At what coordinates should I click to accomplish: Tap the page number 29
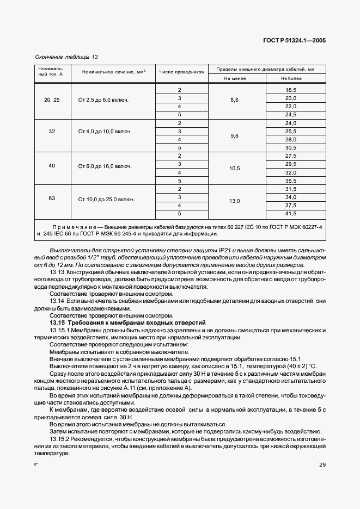pyautogui.click(x=322, y=464)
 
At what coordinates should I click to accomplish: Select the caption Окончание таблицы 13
pyautogui.click(x=66, y=57)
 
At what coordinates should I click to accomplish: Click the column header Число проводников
pyautogui.click(x=181, y=72)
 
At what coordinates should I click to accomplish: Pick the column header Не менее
pyautogui.click(x=235, y=79)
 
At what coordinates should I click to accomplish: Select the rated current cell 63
pyautogui.click(x=52, y=198)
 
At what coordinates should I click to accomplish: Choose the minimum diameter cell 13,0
pyautogui.click(x=235, y=201)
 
